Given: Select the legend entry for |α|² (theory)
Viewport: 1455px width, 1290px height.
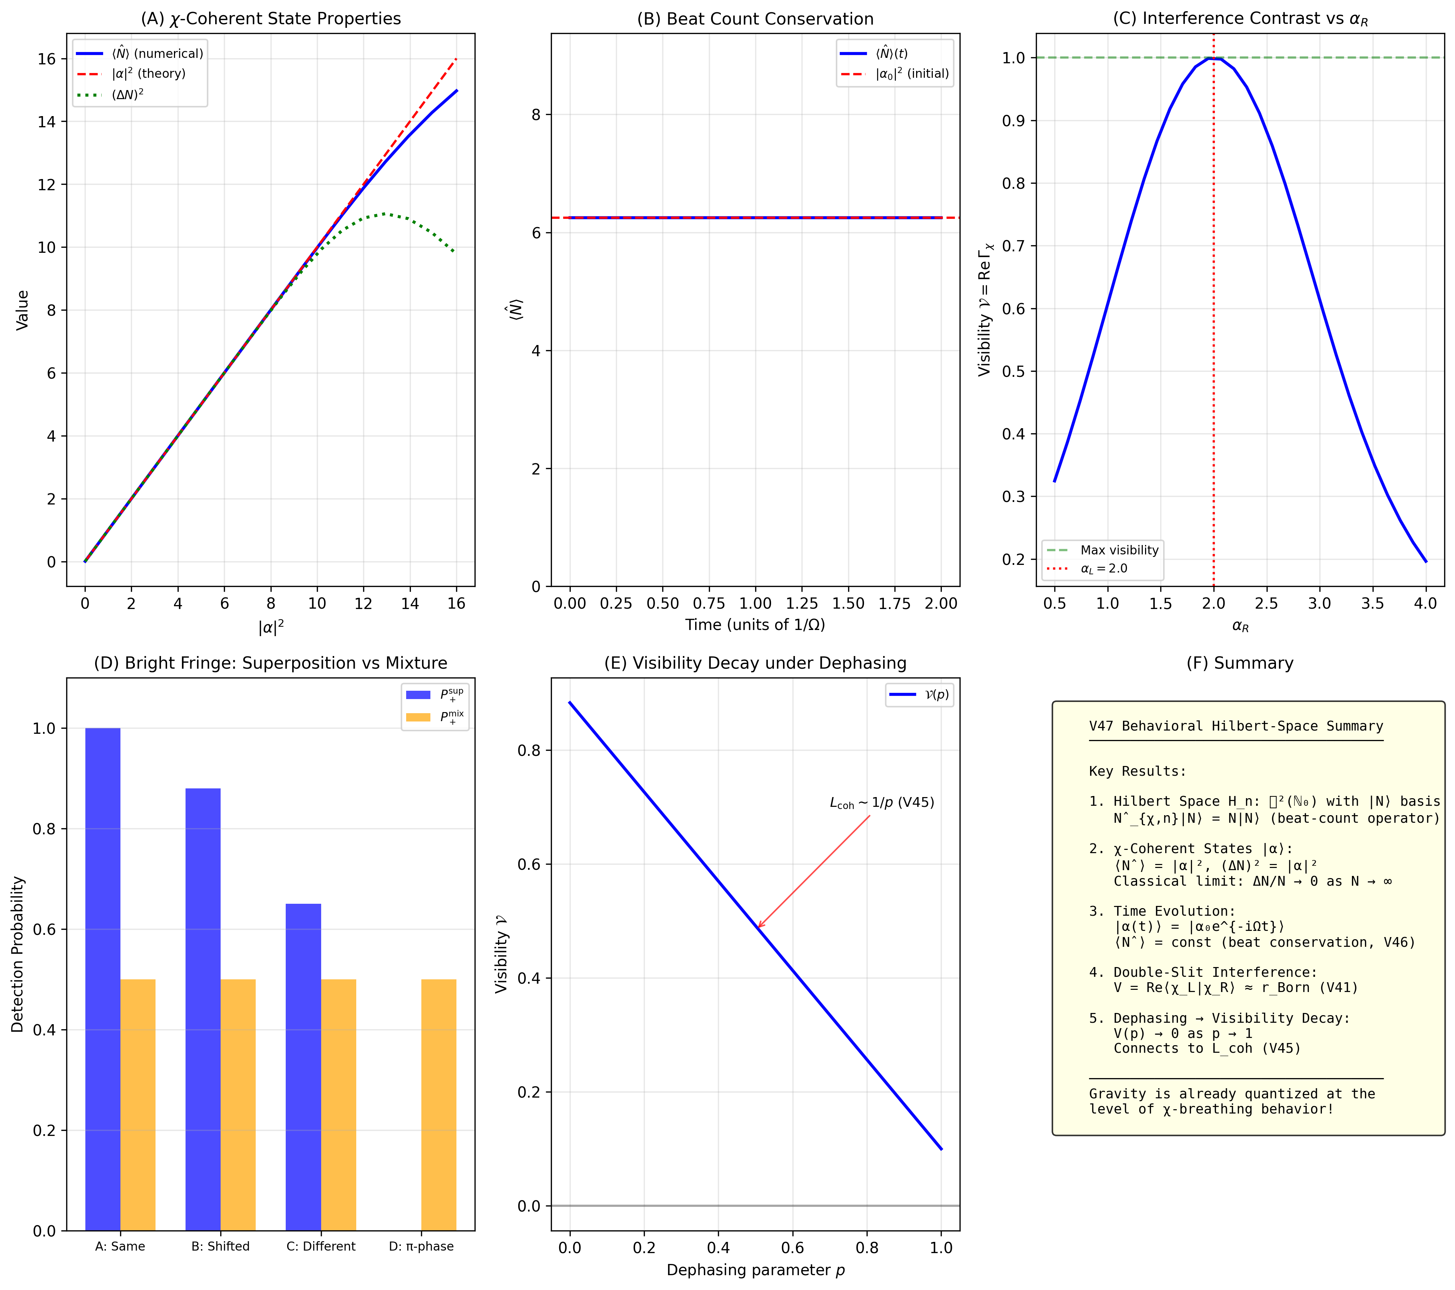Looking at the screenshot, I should click(148, 73).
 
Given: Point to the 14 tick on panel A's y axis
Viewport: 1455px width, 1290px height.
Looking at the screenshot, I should click(47, 122).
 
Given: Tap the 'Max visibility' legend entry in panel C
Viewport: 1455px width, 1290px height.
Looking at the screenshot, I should click(1119, 550).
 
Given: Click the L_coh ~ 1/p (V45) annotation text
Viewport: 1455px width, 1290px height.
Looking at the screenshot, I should click(881, 803).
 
